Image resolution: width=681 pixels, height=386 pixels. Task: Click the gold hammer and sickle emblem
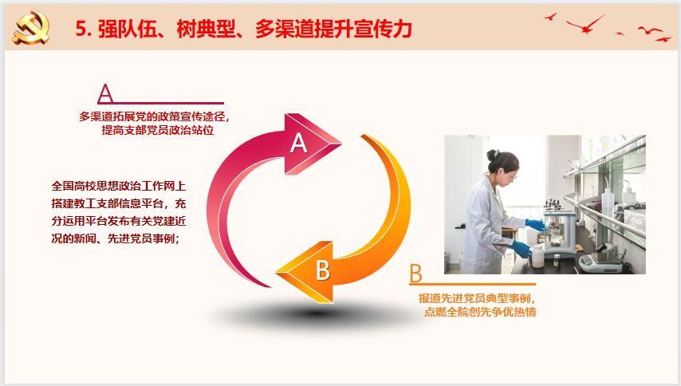pyautogui.click(x=31, y=28)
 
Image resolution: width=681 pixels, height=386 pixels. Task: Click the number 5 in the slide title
pyautogui.click(x=81, y=29)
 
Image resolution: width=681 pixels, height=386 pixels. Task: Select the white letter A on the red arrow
pyautogui.click(x=299, y=143)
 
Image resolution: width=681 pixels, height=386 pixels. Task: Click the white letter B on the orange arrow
pyautogui.click(x=323, y=270)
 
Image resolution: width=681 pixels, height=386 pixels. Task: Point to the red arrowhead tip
pyautogui.click(x=342, y=143)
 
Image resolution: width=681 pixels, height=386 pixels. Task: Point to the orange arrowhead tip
pyautogui.click(x=276, y=272)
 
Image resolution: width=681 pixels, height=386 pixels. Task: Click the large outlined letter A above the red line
pyautogui.click(x=105, y=93)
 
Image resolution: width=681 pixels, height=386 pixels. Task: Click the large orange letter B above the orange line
pyautogui.click(x=415, y=273)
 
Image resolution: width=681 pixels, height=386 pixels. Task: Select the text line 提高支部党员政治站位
pyautogui.click(x=158, y=130)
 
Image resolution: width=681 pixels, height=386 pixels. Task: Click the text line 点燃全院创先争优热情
pyautogui.click(x=480, y=312)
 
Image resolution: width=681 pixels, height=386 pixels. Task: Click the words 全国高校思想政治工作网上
pyautogui.click(x=119, y=187)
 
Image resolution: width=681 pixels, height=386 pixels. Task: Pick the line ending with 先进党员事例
pyautogui.click(x=116, y=238)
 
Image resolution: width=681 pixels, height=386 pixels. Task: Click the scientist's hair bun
pyautogui.click(x=492, y=155)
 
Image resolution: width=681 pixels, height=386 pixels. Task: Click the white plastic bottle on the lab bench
pyautogui.click(x=537, y=256)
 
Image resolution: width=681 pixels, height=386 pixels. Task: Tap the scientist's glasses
pyautogui.click(x=514, y=175)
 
